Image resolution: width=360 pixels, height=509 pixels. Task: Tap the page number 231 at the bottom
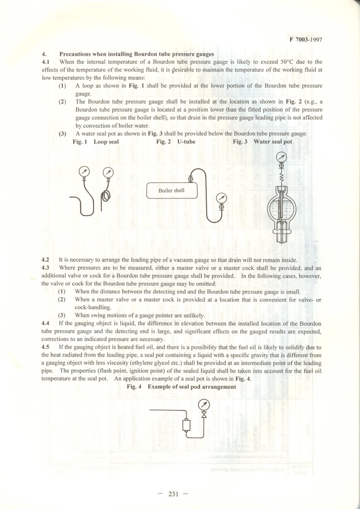pos(173,493)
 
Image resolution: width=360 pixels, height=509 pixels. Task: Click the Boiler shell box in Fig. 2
pos(172,191)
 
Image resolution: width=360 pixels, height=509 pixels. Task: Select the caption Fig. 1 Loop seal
pos(95,142)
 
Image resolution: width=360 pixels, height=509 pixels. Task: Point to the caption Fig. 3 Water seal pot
pos(262,142)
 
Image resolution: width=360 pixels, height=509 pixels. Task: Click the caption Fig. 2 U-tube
pos(176,142)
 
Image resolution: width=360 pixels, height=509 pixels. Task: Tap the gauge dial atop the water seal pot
pos(282,156)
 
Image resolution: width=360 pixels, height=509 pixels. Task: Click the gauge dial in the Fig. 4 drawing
pos(204,404)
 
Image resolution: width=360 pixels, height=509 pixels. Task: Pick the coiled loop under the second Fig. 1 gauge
pos(106,195)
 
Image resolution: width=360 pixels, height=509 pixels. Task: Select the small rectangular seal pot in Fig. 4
pos(186,425)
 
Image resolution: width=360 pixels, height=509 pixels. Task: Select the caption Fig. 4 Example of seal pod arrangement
pos(181,387)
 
